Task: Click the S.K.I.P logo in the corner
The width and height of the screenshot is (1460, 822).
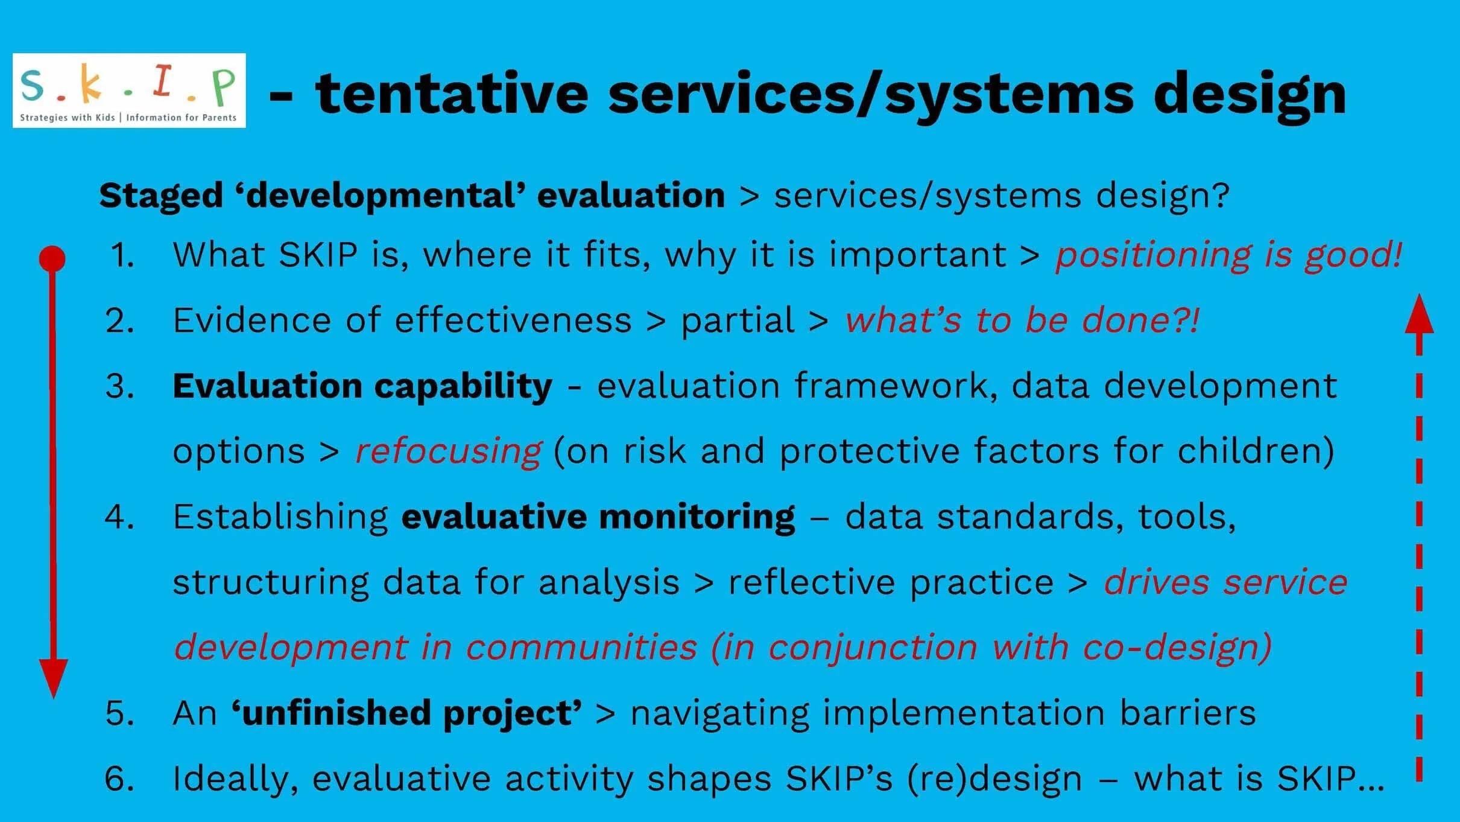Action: coord(129,91)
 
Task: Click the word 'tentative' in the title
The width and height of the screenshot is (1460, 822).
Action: coord(451,94)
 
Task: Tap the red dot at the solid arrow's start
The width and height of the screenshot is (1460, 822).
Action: coord(52,258)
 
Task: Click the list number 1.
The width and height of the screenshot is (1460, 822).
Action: coord(122,255)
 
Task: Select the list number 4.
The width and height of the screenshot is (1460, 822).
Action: coord(119,517)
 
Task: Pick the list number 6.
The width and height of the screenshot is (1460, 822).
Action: coord(119,779)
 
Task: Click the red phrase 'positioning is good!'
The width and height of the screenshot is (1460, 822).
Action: coord(1228,255)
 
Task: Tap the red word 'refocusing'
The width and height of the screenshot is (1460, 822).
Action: coord(448,451)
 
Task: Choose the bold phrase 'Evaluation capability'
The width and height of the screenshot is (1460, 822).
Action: coord(362,386)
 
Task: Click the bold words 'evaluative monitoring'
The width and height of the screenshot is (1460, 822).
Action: coord(598,517)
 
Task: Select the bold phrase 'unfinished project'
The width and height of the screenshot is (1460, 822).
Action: coord(407,713)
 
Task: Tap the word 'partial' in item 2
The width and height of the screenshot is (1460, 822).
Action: coord(738,320)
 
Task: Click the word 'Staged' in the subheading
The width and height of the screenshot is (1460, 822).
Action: coord(161,196)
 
